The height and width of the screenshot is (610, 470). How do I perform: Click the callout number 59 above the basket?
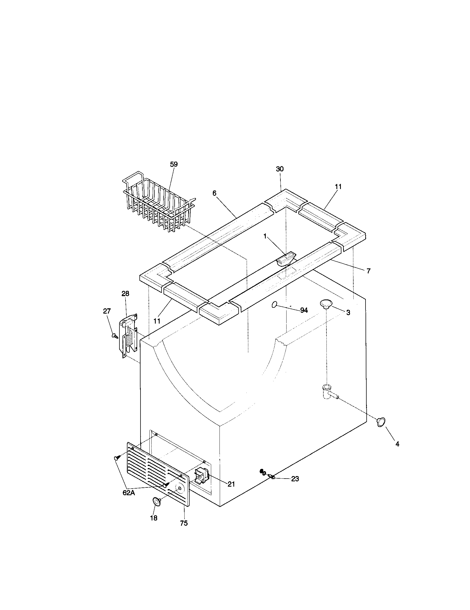pos(173,164)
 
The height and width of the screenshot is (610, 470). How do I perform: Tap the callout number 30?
pos(280,169)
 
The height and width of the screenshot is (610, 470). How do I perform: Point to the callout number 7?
pos(368,271)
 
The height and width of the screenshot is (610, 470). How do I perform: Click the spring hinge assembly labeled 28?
pos(129,335)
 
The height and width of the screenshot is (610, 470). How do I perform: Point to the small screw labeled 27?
pos(114,335)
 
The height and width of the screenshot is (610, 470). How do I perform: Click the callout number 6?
pos(214,193)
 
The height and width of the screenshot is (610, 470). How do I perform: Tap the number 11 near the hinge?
pos(157,321)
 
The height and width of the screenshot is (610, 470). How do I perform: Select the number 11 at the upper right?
pos(338,187)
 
